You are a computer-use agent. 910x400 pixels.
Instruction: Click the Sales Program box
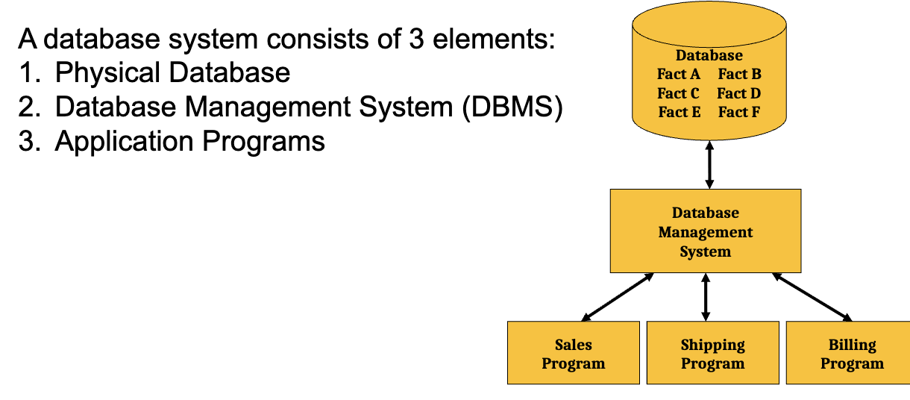tap(573, 352)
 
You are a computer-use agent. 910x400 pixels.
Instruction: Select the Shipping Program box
tap(713, 352)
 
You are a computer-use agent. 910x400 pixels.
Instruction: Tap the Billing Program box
tap(848, 352)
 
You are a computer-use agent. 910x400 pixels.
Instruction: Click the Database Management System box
tap(706, 231)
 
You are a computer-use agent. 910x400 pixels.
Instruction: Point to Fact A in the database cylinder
tap(679, 74)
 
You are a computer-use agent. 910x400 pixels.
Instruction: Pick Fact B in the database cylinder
tap(739, 74)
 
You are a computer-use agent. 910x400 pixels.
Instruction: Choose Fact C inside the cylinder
tap(678, 93)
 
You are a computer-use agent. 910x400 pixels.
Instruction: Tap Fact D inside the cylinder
tap(739, 93)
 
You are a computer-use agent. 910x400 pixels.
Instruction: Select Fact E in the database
tap(680, 112)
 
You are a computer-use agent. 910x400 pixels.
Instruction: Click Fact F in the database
tap(739, 112)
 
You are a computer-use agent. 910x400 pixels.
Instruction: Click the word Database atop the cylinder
tap(709, 55)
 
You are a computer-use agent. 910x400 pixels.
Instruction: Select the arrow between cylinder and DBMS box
tap(709, 165)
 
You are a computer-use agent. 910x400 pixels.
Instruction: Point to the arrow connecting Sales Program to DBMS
tap(618, 297)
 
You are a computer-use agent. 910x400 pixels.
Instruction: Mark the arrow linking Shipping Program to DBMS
tap(706, 297)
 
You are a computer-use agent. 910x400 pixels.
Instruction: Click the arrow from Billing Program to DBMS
tap(812, 297)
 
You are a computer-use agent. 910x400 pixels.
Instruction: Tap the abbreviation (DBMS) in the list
tap(512, 107)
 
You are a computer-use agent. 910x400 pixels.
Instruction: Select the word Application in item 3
tap(125, 142)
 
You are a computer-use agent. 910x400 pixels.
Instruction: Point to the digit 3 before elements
tap(416, 40)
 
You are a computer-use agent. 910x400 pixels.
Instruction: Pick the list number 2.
tap(26, 107)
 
